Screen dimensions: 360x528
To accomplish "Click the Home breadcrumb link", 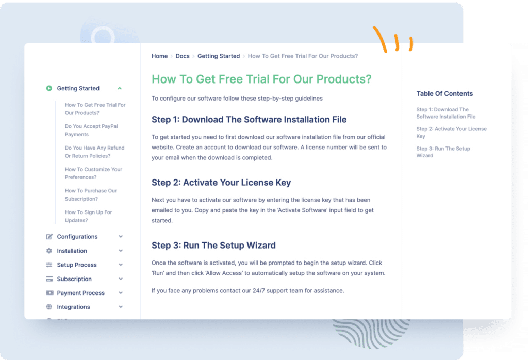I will (x=159, y=56).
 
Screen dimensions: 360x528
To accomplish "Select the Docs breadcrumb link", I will (x=183, y=56).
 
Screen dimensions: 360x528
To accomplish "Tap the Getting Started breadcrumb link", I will (x=219, y=56).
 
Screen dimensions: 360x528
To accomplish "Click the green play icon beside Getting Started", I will (x=49, y=88).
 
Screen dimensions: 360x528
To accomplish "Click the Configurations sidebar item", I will (x=77, y=237).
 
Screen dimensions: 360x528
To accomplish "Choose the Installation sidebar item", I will (x=72, y=251).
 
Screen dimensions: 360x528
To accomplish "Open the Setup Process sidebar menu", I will (x=77, y=265).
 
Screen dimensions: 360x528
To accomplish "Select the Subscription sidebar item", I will (x=74, y=279).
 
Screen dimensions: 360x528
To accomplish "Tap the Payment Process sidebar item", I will (x=80, y=293).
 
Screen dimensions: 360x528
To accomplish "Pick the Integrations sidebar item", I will (x=73, y=307).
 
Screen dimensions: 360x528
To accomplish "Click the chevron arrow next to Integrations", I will (x=121, y=307).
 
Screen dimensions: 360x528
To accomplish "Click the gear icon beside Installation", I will (x=49, y=251).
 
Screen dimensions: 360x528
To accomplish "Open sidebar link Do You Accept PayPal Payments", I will (x=91, y=130).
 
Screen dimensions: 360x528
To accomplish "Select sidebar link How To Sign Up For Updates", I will (x=88, y=216).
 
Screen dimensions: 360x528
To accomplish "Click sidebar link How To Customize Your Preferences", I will (x=93, y=173).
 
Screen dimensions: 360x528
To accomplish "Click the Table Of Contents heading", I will (x=444, y=94).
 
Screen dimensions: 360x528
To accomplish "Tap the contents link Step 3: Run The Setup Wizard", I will (x=443, y=152).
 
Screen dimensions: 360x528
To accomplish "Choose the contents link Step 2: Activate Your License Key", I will (x=451, y=133).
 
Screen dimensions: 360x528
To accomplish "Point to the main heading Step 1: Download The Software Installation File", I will (x=249, y=120).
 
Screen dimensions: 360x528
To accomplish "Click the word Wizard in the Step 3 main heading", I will (x=260, y=246).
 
